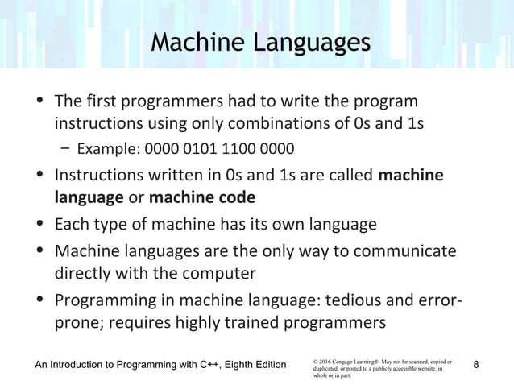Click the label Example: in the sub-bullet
pyautogui.click(x=109, y=149)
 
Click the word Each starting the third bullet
pyautogui.click(x=69, y=224)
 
